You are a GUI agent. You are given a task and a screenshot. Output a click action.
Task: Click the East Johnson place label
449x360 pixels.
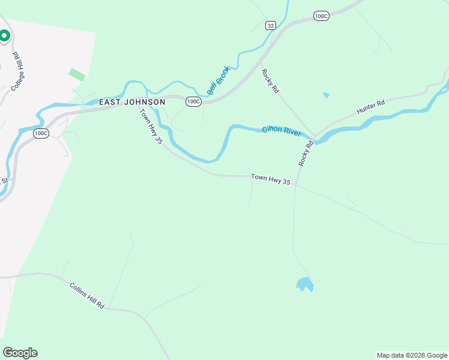[132, 102]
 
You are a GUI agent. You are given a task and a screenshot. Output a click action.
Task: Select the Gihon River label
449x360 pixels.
[280, 130]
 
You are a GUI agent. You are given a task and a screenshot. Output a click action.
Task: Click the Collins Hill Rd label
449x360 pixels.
[87, 296]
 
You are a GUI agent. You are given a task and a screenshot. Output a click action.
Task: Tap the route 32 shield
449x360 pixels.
[271, 25]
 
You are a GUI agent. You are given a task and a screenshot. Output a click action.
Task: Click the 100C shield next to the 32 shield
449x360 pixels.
[321, 16]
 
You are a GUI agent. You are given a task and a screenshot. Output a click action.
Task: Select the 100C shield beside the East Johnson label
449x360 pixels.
[193, 101]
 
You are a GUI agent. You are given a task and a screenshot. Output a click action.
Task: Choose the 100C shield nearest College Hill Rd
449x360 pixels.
[40, 133]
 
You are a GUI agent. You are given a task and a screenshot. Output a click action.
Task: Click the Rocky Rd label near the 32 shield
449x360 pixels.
[270, 80]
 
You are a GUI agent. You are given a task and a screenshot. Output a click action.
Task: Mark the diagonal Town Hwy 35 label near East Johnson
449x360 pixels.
[151, 127]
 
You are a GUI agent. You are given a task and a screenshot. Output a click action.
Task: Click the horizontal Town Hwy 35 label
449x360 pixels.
[270, 178]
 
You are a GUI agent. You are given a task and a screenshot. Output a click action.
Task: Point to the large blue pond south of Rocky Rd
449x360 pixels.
[305, 284]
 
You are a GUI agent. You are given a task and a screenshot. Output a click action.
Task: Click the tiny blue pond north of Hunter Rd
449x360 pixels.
[326, 95]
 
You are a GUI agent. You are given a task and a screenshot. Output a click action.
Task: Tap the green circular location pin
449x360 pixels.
[4, 36]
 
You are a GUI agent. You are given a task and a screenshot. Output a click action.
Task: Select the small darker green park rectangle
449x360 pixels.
[77, 75]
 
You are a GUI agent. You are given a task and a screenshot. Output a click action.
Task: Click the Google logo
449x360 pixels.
[20, 353]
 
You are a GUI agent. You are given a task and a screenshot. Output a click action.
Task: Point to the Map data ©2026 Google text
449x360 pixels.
[412, 355]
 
